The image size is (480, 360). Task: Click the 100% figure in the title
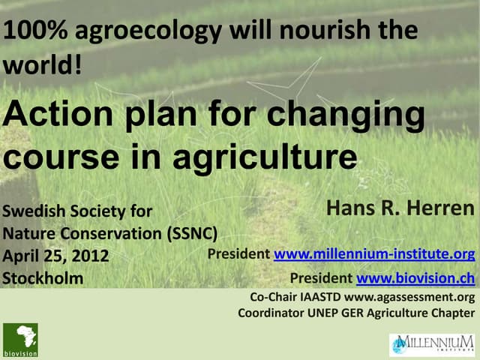tap(28, 31)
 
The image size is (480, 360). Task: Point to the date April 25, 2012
tap(56, 256)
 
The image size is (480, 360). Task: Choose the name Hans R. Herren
tap(400, 209)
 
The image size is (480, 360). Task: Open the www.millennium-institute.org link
tap(374, 254)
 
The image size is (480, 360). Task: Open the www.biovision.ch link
tap(415, 278)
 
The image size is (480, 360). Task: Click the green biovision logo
tap(20, 339)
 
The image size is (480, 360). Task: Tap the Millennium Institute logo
tap(430, 344)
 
